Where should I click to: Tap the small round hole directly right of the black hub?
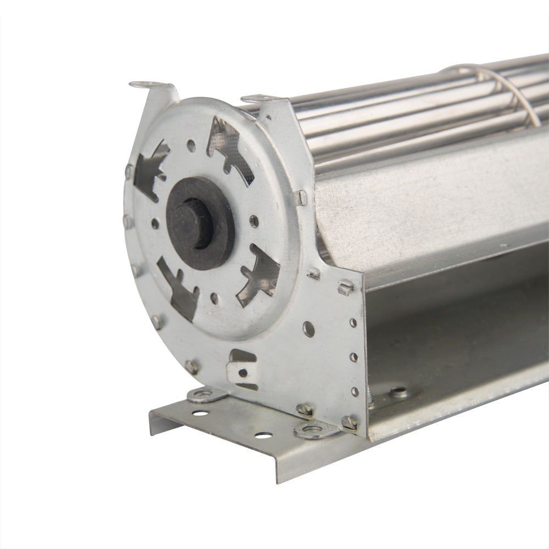tap(254, 221)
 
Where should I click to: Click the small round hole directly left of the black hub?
tap(155, 223)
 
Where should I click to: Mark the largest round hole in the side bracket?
tap(309, 329)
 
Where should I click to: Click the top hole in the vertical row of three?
tap(352, 323)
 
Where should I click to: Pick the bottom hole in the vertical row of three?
tap(355, 391)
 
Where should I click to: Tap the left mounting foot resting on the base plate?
tap(205, 394)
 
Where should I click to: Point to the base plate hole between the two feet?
tap(263, 435)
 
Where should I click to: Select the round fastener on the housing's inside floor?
tap(399, 392)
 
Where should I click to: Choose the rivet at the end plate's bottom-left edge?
tap(192, 367)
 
